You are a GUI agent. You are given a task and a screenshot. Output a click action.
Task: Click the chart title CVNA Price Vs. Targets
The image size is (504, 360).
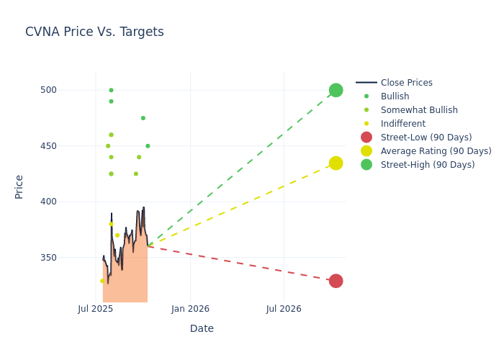(94, 32)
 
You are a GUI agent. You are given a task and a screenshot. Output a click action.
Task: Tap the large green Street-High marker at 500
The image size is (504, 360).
(336, 90)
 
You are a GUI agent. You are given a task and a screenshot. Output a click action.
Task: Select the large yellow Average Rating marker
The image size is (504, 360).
(336, 163)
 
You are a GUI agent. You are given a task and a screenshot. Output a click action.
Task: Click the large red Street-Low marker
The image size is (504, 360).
(336, 281)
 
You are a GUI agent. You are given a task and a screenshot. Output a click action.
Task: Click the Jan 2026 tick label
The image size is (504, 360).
(190, 309)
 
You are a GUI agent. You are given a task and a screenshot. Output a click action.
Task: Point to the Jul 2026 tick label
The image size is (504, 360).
(284, 309)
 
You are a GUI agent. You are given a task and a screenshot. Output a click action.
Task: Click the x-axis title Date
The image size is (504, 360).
(202, 328)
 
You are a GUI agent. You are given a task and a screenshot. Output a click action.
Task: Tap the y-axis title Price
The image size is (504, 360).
(19, 186)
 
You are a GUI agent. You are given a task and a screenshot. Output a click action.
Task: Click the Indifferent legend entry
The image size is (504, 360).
(403, 124)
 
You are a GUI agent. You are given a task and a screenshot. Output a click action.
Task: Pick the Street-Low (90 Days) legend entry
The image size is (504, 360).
(426, 138)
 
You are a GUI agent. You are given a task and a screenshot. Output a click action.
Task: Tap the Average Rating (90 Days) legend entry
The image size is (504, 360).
(436, 151)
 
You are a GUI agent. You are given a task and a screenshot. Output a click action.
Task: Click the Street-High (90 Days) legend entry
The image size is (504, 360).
(428, 165)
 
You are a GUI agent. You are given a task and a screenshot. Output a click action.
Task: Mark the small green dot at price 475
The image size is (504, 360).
(143, 118)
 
